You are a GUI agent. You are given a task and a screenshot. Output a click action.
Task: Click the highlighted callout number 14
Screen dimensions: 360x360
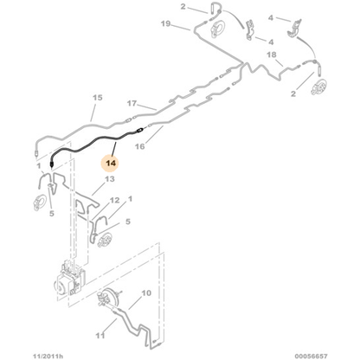tap(111, 164)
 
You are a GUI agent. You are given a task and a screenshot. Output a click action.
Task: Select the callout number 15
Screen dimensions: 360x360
tap(98, 98)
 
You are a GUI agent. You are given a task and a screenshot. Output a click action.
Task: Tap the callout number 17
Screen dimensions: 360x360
tap(132, 103)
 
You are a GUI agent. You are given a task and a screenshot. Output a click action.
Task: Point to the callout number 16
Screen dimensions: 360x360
tap(140, 146)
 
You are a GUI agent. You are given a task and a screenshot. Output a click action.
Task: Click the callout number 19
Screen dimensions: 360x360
tap(165, 23)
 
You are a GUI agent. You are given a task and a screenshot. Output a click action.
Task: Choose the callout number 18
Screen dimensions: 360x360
tap(271, 55)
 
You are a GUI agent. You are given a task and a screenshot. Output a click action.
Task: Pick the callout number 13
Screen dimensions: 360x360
tap(110, 179)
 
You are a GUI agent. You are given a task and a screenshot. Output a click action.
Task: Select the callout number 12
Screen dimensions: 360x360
tap(114, 200)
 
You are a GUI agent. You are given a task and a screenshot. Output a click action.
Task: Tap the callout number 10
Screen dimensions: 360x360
tap(146, 293)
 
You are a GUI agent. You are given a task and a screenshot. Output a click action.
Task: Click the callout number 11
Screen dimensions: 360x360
tap(100, 336)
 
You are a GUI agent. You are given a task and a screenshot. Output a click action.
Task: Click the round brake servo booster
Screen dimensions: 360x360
tap(110, 294)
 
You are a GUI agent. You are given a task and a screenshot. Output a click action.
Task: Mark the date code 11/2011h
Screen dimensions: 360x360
tap(48, 356)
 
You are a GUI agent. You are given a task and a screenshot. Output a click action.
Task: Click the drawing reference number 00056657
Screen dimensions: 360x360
tap(311, 356)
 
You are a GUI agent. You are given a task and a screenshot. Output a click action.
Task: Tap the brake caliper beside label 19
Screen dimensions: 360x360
tap(217, 29)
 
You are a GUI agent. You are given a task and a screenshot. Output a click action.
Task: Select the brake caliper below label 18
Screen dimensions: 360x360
tap(318, 87)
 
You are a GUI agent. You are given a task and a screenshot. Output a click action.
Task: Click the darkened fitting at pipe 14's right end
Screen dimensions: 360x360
tap(139, 131)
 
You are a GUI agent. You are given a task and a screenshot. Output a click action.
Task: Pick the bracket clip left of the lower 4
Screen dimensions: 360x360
tap(250, 30)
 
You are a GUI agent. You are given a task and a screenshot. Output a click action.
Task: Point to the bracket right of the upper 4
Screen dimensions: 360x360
tap(294, 28)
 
